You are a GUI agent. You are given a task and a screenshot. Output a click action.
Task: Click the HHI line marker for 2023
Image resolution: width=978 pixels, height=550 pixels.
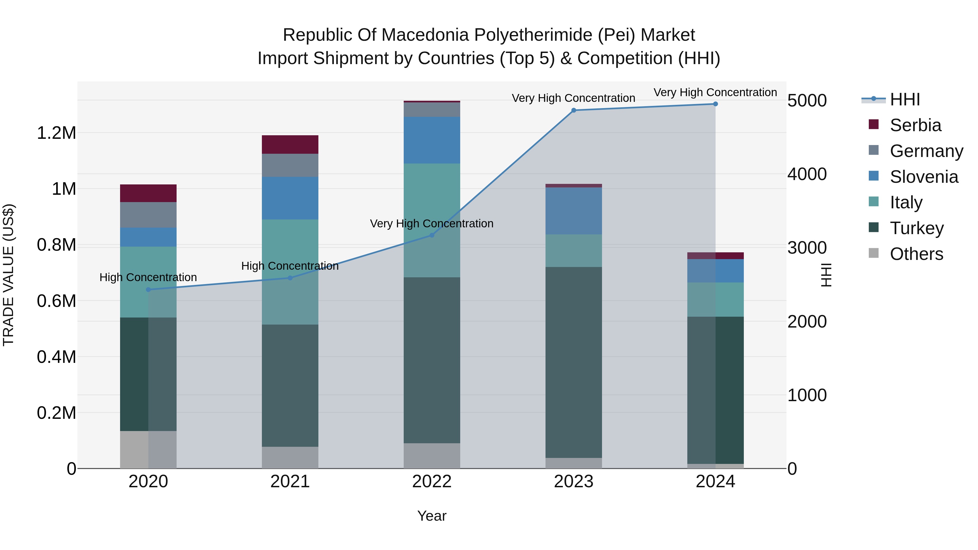573,111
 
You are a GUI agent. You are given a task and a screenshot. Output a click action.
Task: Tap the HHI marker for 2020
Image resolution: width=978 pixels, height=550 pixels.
148,290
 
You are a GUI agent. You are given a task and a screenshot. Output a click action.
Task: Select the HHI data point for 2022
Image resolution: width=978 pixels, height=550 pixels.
432,235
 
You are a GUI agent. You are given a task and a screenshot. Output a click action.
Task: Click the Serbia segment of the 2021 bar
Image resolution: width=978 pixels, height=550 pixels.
290,144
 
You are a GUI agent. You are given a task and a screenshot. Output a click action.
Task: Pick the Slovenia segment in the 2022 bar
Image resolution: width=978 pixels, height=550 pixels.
432,140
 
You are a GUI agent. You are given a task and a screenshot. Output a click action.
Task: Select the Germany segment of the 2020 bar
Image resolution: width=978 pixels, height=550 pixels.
148,215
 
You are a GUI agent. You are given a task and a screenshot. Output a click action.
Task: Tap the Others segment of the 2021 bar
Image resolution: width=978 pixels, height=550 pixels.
290,457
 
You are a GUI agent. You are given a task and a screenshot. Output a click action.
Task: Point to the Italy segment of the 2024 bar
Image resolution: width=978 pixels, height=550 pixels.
715,300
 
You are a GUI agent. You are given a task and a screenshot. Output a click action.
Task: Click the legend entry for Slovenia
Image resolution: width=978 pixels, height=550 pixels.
923,177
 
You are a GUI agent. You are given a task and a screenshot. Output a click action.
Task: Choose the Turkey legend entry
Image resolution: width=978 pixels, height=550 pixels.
917,228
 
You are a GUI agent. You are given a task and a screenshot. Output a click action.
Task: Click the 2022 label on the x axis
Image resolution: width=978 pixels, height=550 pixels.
432,482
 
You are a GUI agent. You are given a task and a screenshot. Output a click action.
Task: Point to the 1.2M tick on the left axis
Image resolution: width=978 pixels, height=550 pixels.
56,133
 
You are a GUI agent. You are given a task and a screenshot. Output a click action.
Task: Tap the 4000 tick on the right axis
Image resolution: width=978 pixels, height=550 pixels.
807,174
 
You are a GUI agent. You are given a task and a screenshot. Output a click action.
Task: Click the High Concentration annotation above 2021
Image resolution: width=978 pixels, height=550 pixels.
290,266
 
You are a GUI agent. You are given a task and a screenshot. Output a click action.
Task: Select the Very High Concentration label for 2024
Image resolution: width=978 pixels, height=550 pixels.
715,93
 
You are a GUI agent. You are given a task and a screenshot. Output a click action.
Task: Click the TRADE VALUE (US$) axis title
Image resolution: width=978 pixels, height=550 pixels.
8,275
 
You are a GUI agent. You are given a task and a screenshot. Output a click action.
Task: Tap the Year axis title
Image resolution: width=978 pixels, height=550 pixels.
432,516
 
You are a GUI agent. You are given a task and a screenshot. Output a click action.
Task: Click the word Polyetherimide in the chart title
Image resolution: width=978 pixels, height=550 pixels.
534,35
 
